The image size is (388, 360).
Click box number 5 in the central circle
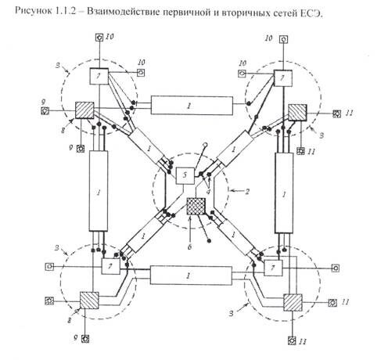[x=185, y=176]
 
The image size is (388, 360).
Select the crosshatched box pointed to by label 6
[x=196, y=206]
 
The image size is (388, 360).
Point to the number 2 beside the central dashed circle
[x=246, y=192]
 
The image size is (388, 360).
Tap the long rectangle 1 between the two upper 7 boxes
[x=192, y=106]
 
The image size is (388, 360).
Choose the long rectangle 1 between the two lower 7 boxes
[x=191, y=275]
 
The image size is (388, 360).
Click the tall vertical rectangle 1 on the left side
[x=99, y=191]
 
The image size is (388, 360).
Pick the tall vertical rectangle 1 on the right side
[x=284, y=193]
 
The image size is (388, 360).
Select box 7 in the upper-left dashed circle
[x=99, y=76]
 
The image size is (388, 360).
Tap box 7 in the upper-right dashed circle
[x=283, y=78]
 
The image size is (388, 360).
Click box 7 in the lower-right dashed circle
[x=273, y=268]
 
